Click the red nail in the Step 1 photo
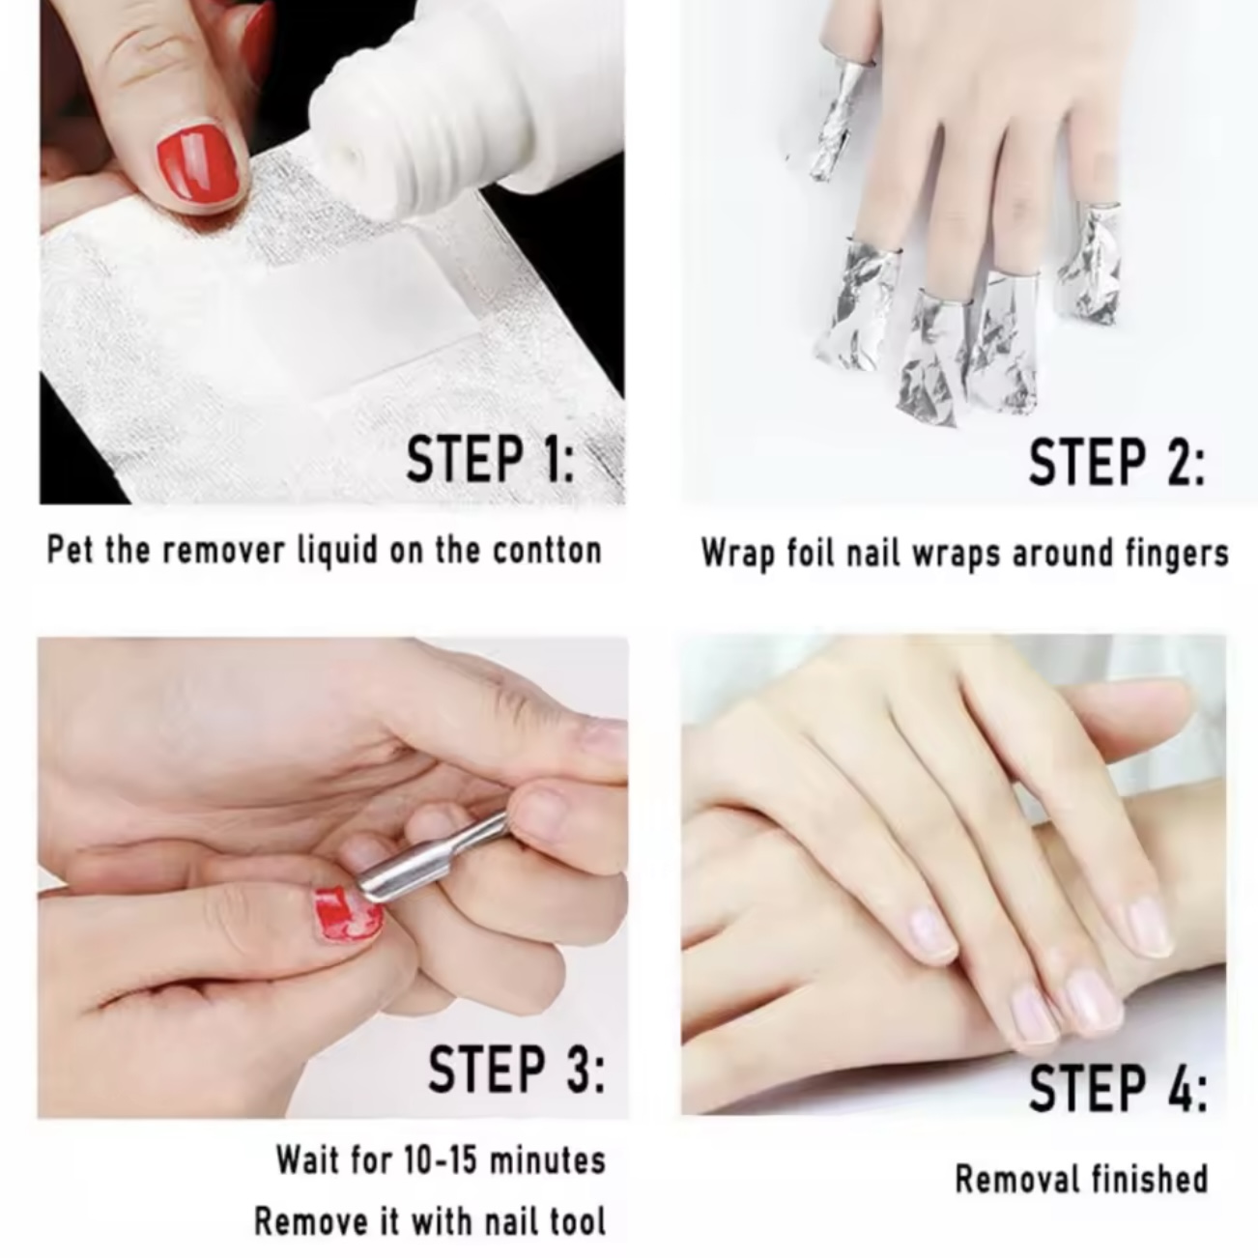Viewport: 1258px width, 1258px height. (195, 168)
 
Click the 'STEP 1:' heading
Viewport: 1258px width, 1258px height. (490, 460)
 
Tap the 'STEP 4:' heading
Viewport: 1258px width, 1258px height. (1118, 1089)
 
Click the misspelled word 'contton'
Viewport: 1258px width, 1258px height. (547, 551)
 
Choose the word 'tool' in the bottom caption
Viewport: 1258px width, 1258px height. (578, 1220)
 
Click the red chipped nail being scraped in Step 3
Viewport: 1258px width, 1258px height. (349, 913)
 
